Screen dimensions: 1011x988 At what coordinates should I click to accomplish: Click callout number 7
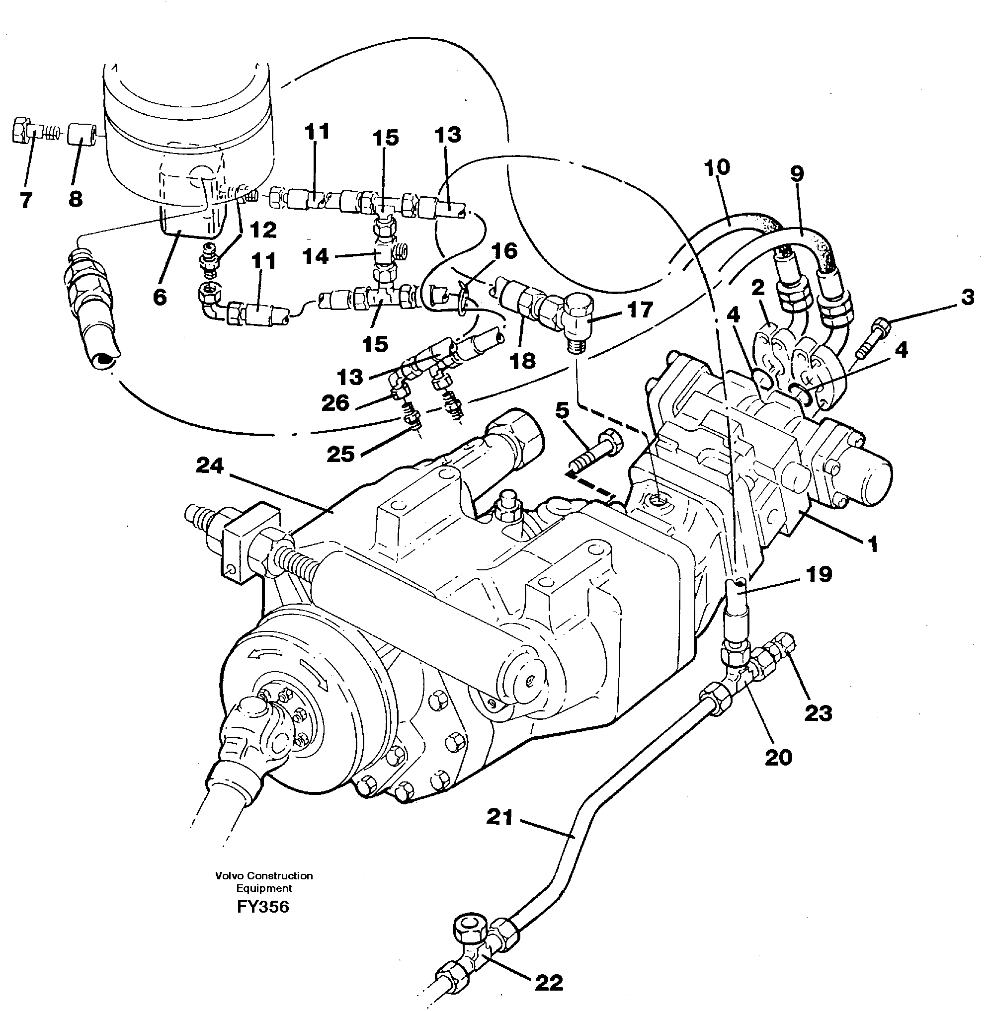(26, 199)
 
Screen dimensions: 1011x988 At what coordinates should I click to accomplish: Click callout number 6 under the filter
(160, 297)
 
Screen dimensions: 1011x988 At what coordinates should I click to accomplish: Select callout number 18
(522, 361)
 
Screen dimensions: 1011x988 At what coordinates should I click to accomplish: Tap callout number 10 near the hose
(717, 167)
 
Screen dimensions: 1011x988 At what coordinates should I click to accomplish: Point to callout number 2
(758, 288)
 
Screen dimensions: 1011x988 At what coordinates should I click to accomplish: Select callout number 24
(209, 466)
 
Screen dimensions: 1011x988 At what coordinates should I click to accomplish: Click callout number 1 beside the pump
(873, 544)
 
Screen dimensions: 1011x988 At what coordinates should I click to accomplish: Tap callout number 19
(819, 574)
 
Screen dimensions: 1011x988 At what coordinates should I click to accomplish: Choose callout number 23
(819, 713)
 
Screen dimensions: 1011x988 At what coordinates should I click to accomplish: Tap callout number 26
(335, 403)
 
